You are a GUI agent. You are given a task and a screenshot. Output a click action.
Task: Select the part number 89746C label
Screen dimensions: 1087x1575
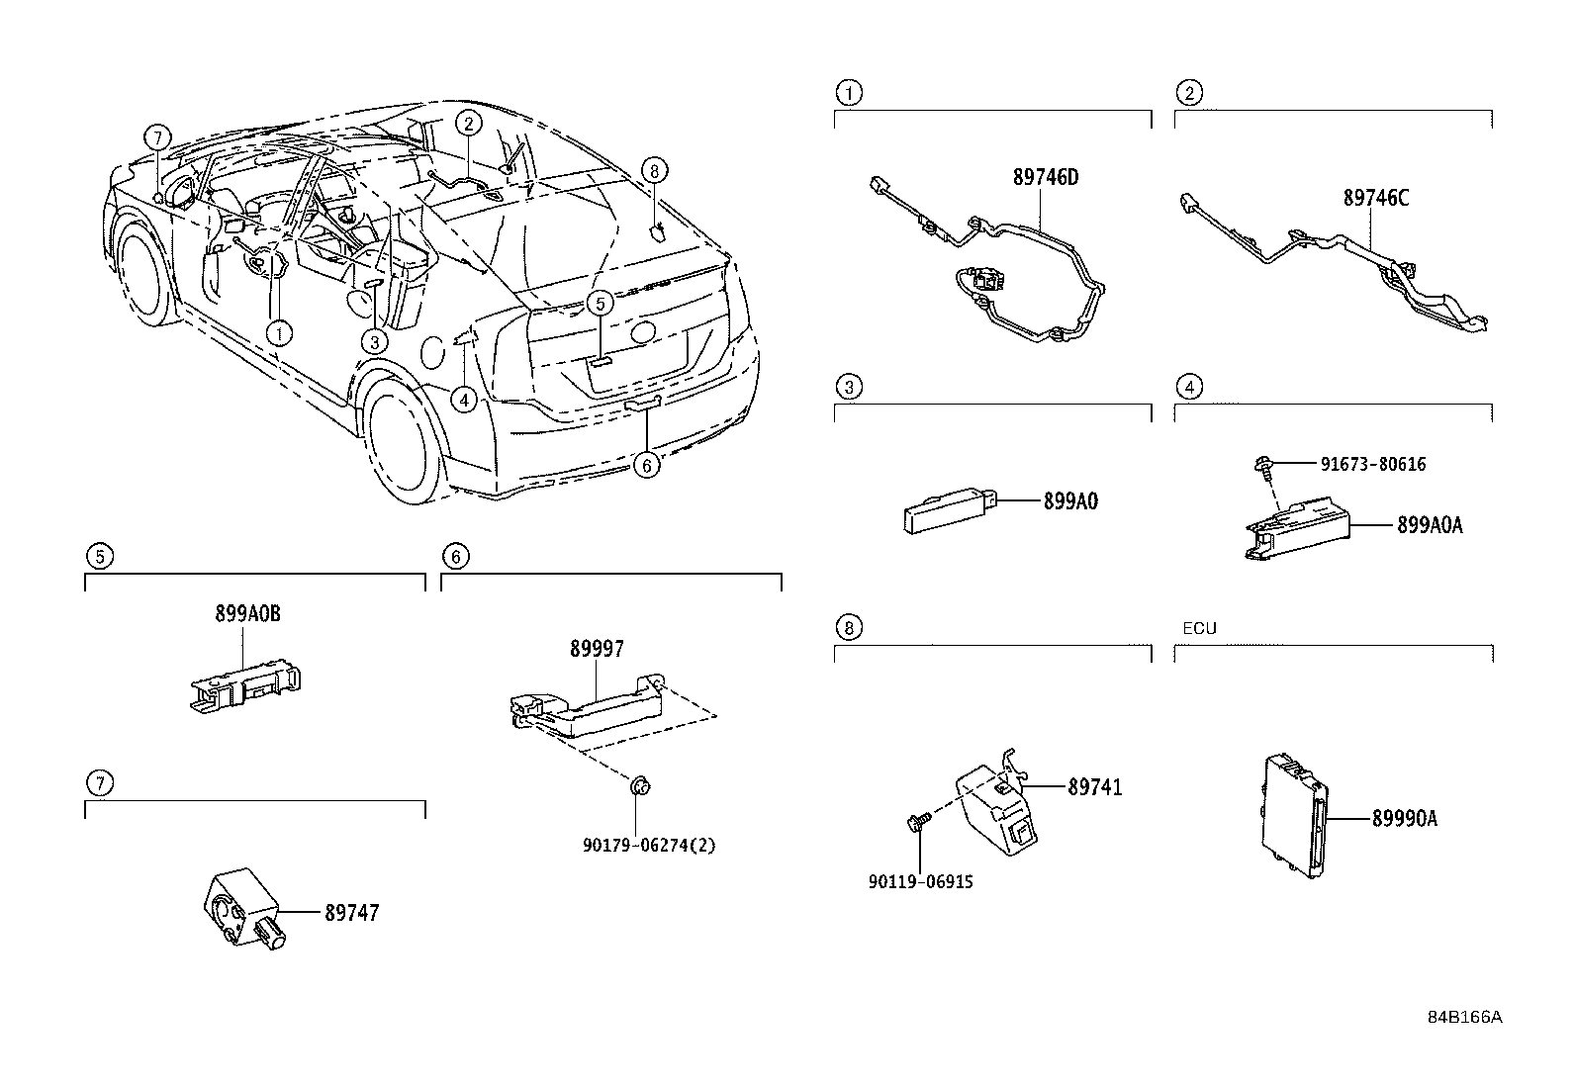point(1375,198)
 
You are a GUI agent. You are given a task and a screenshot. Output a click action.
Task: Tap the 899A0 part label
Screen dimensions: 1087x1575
point(1070,501)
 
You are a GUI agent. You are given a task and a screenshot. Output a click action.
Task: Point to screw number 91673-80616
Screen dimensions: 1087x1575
point(1372,464)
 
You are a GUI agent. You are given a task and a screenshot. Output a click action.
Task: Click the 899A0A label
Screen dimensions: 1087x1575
point(1430,525)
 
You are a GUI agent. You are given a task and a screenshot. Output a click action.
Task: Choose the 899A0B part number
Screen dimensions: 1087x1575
point(247,614)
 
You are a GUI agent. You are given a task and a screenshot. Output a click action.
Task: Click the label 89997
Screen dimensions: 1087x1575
point(597,650)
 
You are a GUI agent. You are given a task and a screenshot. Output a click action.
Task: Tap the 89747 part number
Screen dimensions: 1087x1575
point(351,913)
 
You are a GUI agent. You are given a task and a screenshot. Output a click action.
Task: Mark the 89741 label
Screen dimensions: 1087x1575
point(1095,788)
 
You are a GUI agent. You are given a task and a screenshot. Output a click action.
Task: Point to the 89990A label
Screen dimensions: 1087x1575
point(1404,819)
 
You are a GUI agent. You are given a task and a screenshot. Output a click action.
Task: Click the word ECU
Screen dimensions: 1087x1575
point(1199,628)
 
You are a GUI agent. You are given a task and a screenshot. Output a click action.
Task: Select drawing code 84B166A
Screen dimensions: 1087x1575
point(1463,1017)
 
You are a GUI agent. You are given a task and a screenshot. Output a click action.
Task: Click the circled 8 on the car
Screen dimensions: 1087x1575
point(653,170)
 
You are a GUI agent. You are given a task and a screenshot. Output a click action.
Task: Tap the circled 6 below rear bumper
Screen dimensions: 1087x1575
point(646,465)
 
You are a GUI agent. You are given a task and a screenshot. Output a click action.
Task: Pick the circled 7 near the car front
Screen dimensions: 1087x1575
point(156,137)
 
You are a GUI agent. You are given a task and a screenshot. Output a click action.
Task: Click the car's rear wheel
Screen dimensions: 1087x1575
point(403,440)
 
